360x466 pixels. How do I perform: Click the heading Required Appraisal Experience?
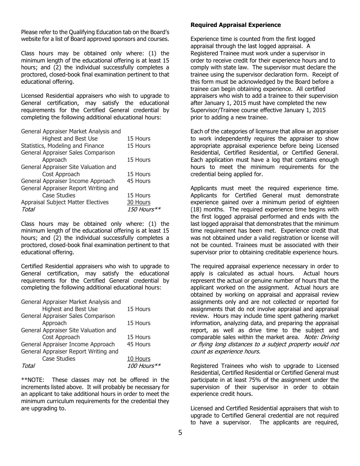tap(235, 25)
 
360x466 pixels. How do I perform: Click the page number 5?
tap(180, 433)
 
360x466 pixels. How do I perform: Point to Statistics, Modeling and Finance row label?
tap(63, 146)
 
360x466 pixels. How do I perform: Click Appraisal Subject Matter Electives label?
tap(65, 202)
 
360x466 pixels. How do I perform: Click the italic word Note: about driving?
tap(311, 337)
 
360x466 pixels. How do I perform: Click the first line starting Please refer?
tap(95, 32)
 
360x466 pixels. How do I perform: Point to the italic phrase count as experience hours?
tap(225, 352)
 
